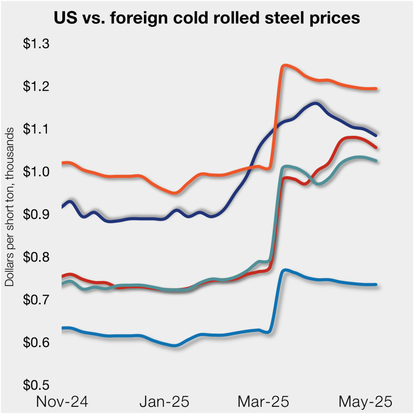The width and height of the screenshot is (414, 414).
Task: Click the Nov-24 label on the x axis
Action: click(62, 402)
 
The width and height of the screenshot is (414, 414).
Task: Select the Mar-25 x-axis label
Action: click(263, 402)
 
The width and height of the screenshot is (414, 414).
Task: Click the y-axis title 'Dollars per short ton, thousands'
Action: click(9, 207)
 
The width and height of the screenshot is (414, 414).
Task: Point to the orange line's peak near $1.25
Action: click(285, 65)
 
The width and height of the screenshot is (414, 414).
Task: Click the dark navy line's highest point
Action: click(315, 103)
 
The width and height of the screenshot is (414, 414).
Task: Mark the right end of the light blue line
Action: click(376, 285)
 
